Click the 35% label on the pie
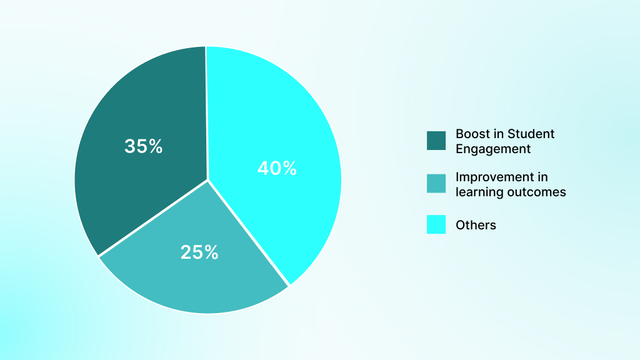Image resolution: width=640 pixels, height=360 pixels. (143, 146)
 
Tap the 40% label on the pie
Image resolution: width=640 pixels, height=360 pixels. (277, 168)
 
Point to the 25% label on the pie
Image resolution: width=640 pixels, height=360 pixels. (199, 252)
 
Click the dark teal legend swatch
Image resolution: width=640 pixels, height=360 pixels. (436, 141)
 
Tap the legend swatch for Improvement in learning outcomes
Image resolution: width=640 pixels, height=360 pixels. (436, 183)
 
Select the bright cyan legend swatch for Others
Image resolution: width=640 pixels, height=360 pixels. (436, 224)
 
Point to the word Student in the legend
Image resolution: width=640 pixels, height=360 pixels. (531, 134)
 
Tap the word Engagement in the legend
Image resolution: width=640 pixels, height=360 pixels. (493, 149)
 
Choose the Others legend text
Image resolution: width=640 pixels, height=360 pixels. (476, 225)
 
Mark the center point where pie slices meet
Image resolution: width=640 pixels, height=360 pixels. (207, 180)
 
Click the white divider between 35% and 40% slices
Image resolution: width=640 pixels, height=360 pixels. (206, 112)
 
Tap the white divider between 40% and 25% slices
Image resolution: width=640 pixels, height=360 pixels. (249, 233)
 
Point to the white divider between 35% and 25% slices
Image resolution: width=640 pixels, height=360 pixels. (153, 218)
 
